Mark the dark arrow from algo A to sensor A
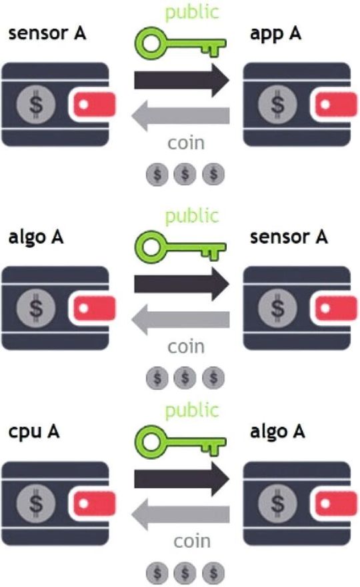[181, 284]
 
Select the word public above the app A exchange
[191, 11]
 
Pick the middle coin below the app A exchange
[185, 175]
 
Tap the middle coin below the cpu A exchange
[185, 572]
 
